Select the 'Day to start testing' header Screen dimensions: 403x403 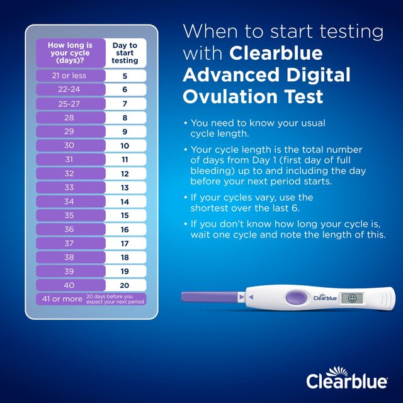point(125,53)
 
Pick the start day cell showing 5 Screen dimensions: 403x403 point(125,76)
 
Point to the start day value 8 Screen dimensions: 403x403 point(125,117)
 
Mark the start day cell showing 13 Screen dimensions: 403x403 point(125,188)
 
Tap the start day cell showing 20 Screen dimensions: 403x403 point(125,285)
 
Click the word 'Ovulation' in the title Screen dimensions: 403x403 point(230,96)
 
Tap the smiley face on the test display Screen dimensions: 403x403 point(352,298)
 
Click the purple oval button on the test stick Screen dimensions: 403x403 point(295,297)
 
